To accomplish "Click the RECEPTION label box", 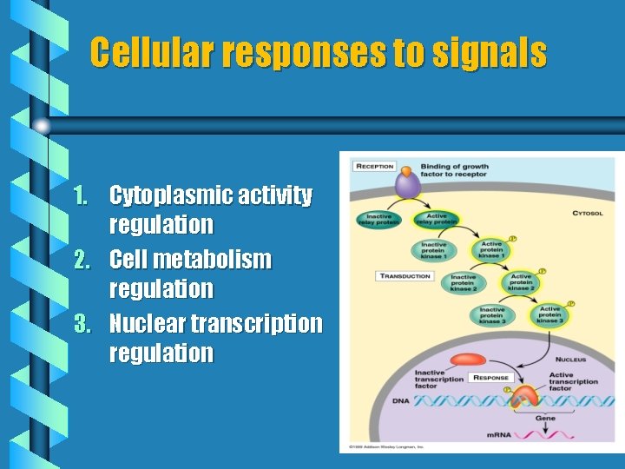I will [x=374, y=167].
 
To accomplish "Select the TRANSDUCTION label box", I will [x=405, y=276].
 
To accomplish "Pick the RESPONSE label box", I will [x=490, y=378].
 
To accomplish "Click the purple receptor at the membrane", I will [x=407, y=184].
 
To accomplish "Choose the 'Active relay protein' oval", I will [x=436, y=220].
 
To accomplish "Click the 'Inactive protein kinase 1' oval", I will [x=434, y=249].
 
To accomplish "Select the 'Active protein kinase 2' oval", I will [x=521, y=281].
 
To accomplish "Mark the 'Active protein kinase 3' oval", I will [x=550, y=314].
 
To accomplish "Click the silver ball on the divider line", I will [x=41, y=125].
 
